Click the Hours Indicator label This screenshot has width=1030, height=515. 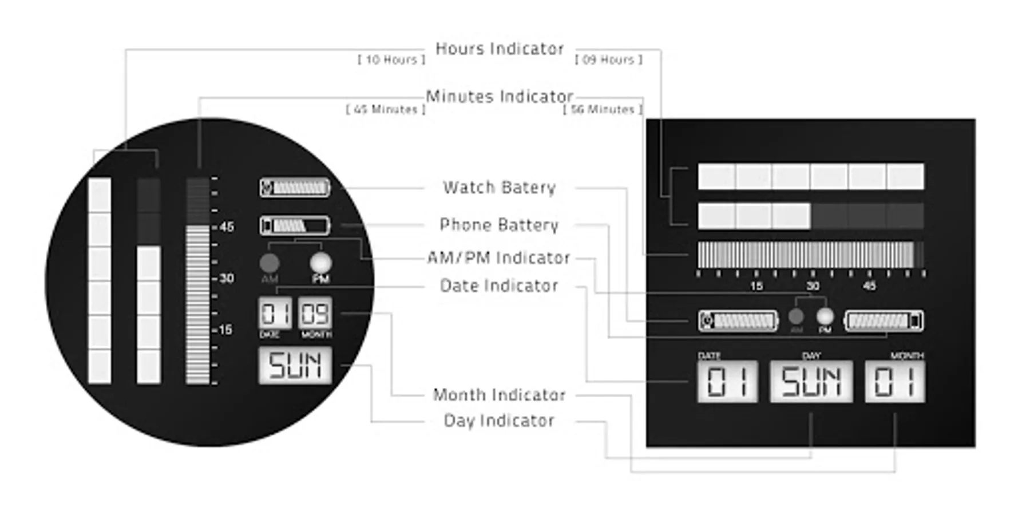pyautogui.click(x=500, y=49)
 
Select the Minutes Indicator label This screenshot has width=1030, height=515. pyautogui.click(x=500, y=97)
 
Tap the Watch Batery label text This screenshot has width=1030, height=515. pyautogui.click(x=500, y=188)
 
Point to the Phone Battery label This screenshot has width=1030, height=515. pyautogui.click(x=499, y=225)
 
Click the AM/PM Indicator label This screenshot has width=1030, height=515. pyautogui.click(x=499, y=258)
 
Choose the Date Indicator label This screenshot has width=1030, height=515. pyautogui.click(x=499, y=286)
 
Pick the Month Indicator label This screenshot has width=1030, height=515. pyautogui.click(x=499, y=395)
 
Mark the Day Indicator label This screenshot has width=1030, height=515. pyautogui.click(x=499, y=421)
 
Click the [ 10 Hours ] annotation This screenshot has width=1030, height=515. pyautogui.click(x=391, y=60)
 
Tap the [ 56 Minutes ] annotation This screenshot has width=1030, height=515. pyautogui.click(x=603, y=109)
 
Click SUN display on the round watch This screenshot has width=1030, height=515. pyautogui.click(x=295, y=366)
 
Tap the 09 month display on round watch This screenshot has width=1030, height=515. pyautogui.click(x=315, y=314)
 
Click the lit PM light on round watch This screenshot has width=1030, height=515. pyautogui.click(x=320, y=263)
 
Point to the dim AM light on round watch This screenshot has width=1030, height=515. pyautogui.click(x=270, y=263)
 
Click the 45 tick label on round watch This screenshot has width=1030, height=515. pyautogui.click(x=227, y=227)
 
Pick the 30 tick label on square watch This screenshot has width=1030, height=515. pyautogui.click(x=813, y=286)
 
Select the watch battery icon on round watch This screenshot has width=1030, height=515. pyautogui.click(x=295, y=188)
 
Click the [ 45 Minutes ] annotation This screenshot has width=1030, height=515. pyautogui.click(x=386, y=109)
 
